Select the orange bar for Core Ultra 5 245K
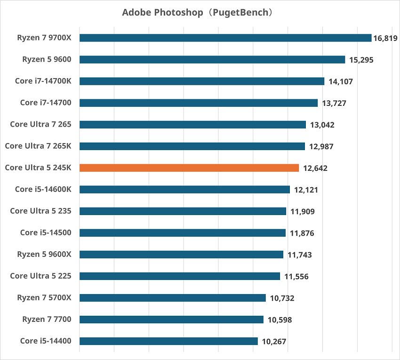(x=189, y=168)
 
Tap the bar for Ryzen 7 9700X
(x=225, y=38)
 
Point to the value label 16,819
(x=385, y=38)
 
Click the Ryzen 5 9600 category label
(x=47, y=60)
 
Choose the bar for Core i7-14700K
(x=202, y=81)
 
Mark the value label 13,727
(x=334, y=103)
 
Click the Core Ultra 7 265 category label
(x=40, y=125)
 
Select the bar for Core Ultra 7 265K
(x=192, y=146)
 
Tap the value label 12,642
(x=315, y=168)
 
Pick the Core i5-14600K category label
(x=43, y=190)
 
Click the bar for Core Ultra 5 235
(x=183, y=211)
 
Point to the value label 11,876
(x=302, y=233)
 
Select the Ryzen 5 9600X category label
(x=44, y=255)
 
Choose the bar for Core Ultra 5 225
(x=180, y=276)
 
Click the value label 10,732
(x=282, y=298)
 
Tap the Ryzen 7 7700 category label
(x=47, y=320)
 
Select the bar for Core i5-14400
(x=168, y=341)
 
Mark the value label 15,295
(x=361, y=60)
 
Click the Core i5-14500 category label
(x=46, y=233)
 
